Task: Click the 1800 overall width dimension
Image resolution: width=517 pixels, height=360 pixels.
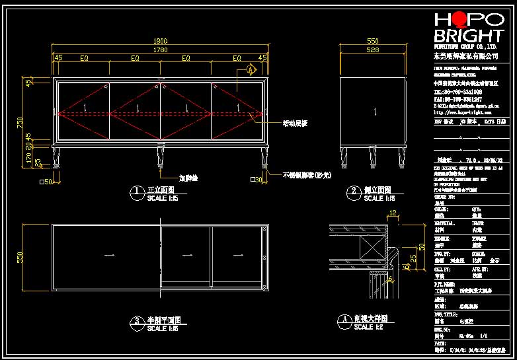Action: [161, 41]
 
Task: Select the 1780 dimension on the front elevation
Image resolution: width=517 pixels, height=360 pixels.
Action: [161, 49]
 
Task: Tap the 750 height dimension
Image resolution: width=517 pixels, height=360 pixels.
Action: [20, 123]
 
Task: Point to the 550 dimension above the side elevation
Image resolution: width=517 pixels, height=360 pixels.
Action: [373, 41]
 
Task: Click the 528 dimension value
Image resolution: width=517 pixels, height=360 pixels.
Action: [373, 49]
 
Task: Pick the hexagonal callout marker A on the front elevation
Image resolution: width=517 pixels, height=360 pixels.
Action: [251, 69]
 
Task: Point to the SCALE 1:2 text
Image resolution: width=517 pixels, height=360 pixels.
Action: [369, 327]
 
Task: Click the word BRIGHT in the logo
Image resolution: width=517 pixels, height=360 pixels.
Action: [468, 36]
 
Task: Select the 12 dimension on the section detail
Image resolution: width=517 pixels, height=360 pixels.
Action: [392, 213]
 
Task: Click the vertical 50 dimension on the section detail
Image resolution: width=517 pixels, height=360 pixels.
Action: [422, 247]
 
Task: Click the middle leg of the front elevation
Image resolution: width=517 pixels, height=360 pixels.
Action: [161, 157]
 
